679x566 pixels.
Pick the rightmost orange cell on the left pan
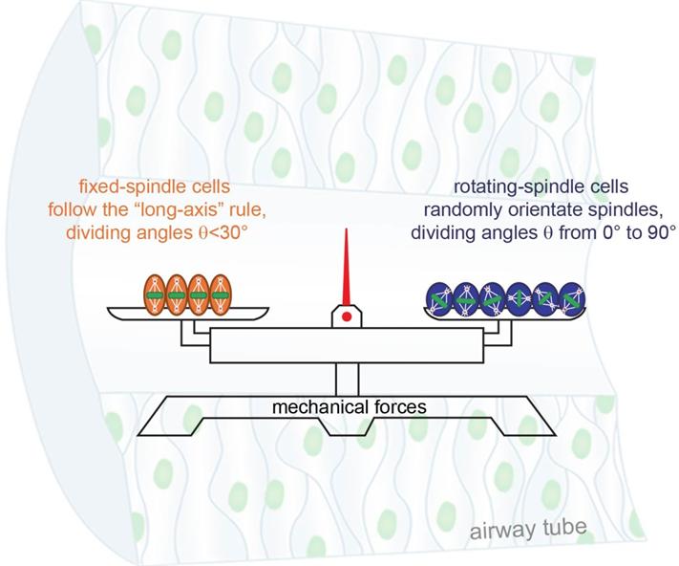tap(221, 294)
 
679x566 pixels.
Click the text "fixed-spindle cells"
tap(159, 187)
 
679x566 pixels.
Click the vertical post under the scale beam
tap(345, 379)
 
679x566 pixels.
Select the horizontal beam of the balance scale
tap(345, 345)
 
